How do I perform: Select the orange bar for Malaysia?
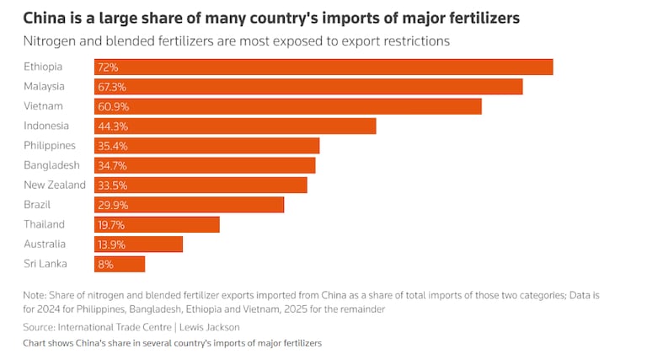click(x=329, y=87)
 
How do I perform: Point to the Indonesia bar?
click(x=253, y=126)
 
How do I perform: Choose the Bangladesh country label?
click(x=52, y=165)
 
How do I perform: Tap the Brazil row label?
click(x=39, y=205)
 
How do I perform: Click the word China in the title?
click(x=44, y=17)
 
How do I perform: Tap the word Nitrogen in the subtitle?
click(x=51, y=40)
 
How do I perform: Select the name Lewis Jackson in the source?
click(x=211, y=327)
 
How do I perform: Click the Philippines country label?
click(x=50, y=146)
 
